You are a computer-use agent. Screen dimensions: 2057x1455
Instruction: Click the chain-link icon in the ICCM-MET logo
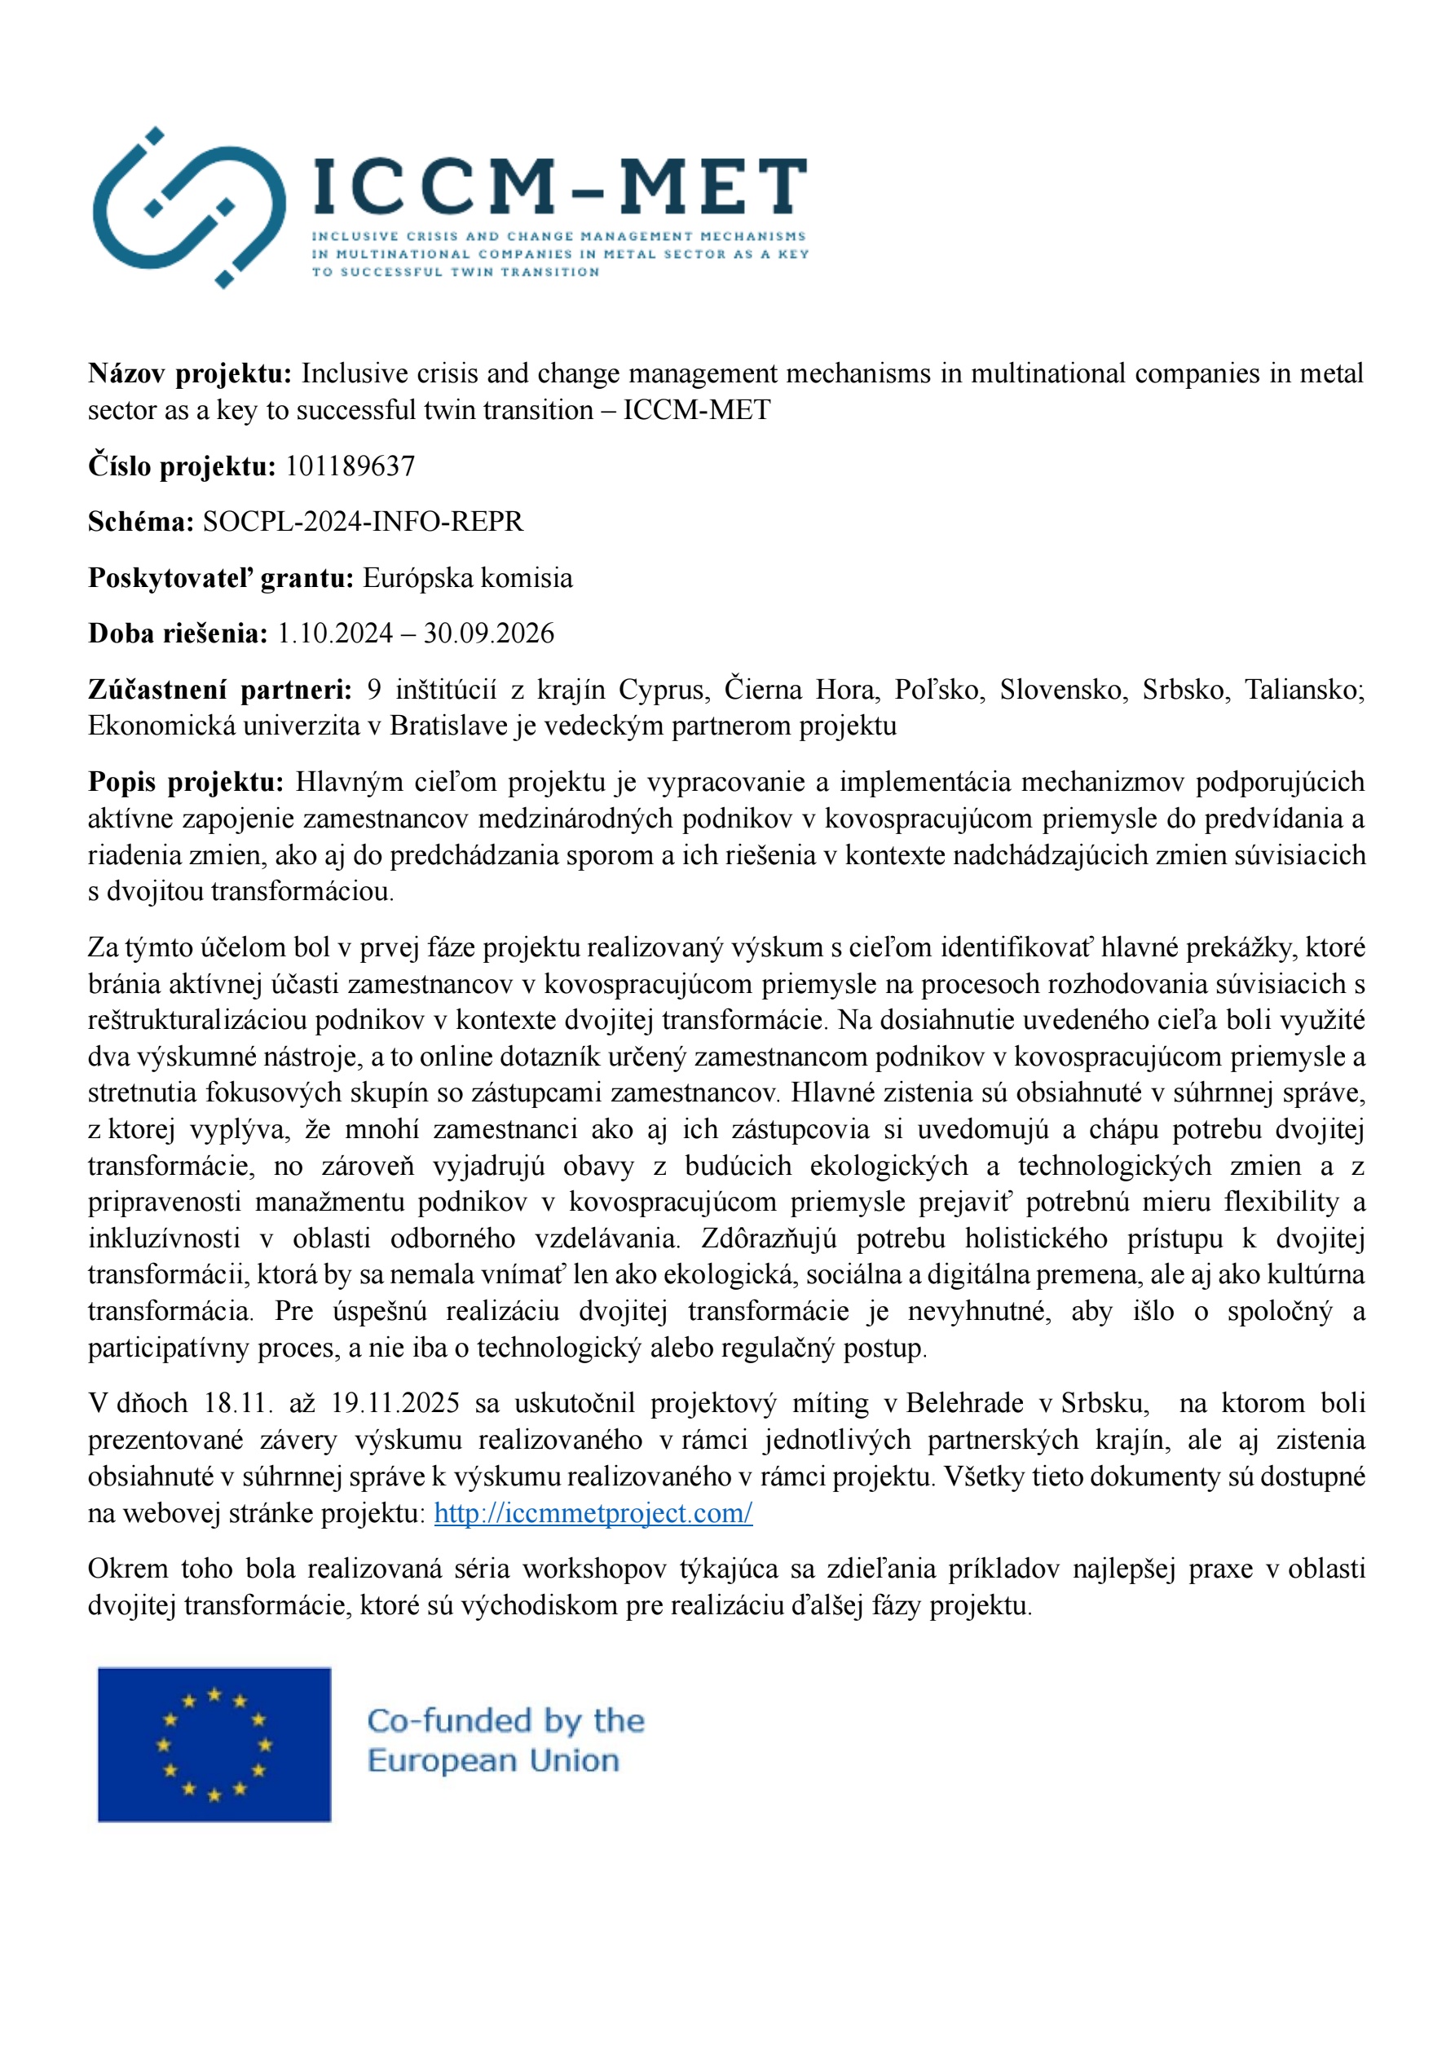coord(189,208)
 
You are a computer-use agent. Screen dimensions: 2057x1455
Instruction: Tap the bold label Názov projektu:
coord(190,373)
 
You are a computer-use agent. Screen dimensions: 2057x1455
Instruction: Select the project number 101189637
coord(350,466)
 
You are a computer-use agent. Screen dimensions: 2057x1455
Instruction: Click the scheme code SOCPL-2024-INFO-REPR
coord(363,522)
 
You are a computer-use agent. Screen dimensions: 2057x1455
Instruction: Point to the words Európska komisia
coord(467,578)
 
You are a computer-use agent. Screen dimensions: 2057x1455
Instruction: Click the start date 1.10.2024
coord(334,633)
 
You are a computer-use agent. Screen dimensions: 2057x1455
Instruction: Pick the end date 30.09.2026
coord(489,633)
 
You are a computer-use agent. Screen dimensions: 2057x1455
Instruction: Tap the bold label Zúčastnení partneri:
coord(219,689)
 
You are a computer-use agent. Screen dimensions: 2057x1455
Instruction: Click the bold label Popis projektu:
coord(186,782)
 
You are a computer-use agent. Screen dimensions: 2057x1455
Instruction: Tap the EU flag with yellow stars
coord(214,1743)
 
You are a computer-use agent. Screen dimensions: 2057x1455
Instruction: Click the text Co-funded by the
coord(505,1721)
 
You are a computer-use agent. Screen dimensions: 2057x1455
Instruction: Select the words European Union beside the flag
coord(493,1760)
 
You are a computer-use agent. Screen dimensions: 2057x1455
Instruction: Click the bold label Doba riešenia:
coord(178,633)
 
